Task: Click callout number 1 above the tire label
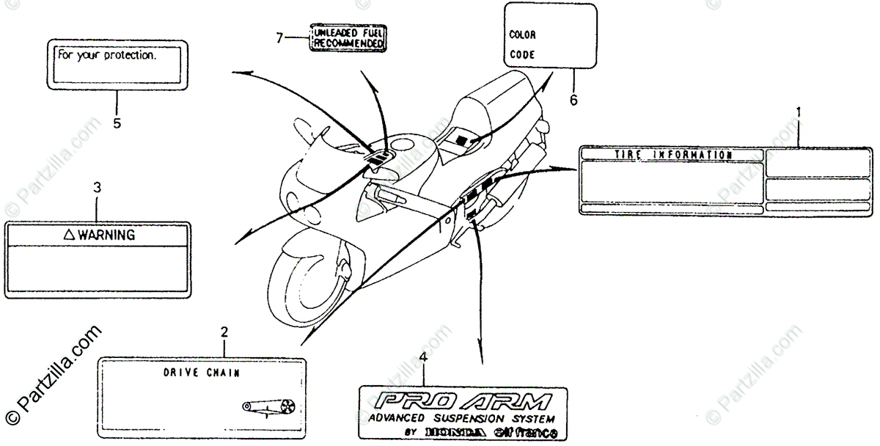(799, 112)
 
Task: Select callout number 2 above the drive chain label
(225, 332)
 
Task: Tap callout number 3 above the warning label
(97, 187)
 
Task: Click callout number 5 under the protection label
(117, 123)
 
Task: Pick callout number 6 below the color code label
(573, 100)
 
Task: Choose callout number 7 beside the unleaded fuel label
(279, 38)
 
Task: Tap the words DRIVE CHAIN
(201, 373)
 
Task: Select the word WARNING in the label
(106, 235)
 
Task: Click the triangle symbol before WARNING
(69, 235)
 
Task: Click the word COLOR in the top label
(522, 34)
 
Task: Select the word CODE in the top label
(521, 54)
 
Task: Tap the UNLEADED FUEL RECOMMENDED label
(348, 38)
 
